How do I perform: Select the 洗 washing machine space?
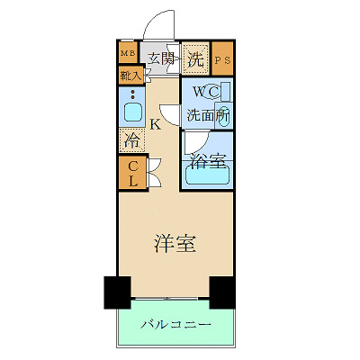click(x=196, y=59)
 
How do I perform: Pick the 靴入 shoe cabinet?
click(x=130, y=76)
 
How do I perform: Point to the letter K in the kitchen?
click(x=155, y=124)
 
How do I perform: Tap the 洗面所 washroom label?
click(x=207, y=115)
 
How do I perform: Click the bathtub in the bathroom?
click(x=210, y=174)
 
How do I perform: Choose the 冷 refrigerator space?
click(x=131, y=140)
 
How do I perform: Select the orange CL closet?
click(x=131, y=174)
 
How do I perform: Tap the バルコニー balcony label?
click(x=175, y=324)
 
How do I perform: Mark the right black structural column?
click(x=222, y=291)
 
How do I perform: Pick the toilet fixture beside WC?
click(x=225, y=91)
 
